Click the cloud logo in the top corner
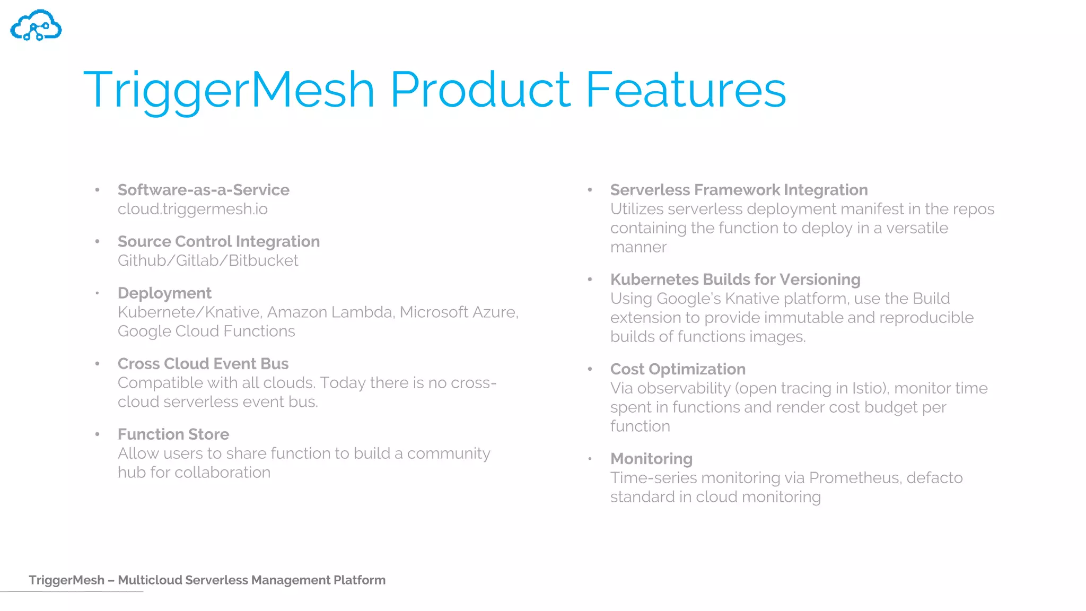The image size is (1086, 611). (x=36, y=25)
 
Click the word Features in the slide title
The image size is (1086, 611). (x=685, y=90)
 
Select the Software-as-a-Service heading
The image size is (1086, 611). (x=203, y=190)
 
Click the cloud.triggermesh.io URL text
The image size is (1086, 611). (x=192, y=209)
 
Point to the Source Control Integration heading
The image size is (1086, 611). (x=218, y=241)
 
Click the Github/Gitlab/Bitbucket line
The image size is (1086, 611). (x=208, y=260)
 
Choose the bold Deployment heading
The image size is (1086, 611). (x=164, y=293)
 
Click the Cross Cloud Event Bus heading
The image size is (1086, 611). (x=203, y=363)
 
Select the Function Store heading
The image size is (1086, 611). (x=173, y=434)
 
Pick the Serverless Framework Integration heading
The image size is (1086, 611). (x=739, y=190)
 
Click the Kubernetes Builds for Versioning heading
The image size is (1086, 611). (x=735, y=280)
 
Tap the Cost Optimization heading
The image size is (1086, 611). (x=678, y=369)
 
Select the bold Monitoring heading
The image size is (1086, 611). (x=651, y=459)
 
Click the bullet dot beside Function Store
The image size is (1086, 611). (x=98, y=434)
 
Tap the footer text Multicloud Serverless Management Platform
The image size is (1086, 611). (x=251, y=580)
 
